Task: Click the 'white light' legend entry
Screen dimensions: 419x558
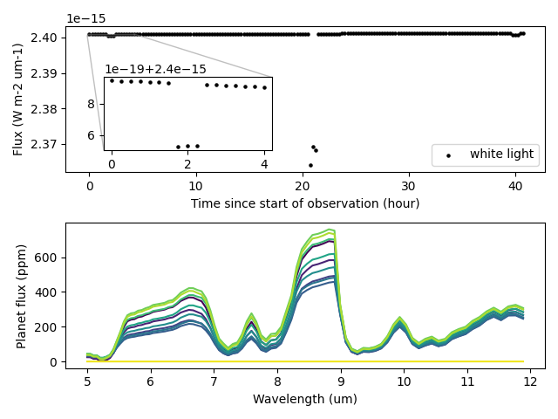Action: [501, 155]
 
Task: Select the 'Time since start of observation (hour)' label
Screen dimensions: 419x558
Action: [305, 203]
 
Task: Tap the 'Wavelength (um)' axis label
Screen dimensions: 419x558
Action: [305, 399]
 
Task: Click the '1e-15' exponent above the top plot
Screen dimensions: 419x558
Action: [84, 18]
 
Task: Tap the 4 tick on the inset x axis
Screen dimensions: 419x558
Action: [264, 164]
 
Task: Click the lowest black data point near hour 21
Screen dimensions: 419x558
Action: [310, 165]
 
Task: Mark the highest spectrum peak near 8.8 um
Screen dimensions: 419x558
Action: [331, 230]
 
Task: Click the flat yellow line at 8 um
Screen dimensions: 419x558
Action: [277, 361]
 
